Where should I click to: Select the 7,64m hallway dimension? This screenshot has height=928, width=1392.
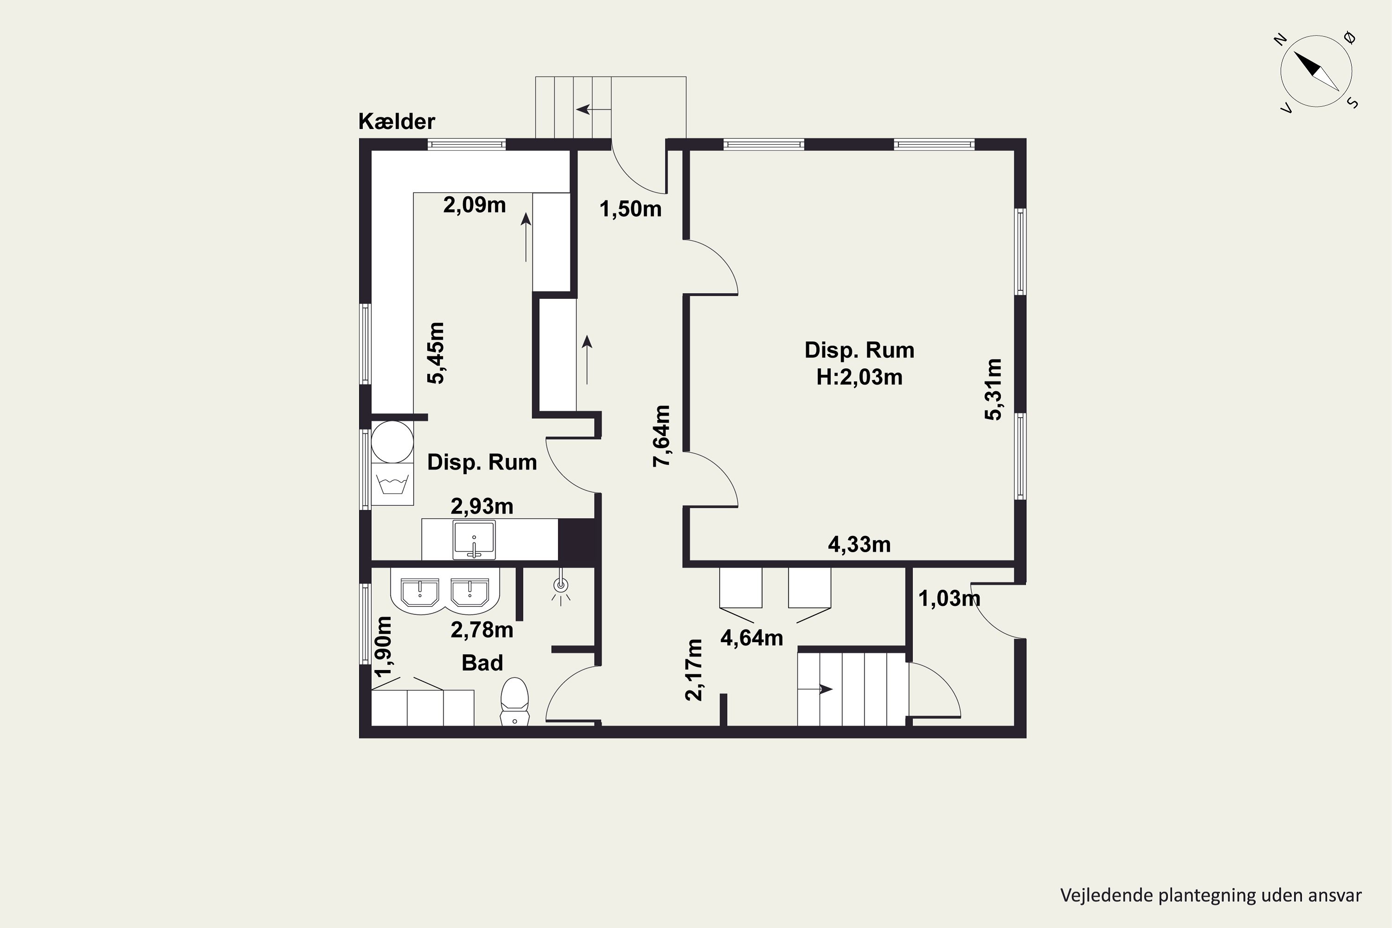tap(662, 436)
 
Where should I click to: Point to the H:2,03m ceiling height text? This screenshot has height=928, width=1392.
tap(859, 377)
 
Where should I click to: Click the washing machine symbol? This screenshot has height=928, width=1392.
tap(392, 484)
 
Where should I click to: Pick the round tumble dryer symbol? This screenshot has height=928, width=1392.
tap(392, 442)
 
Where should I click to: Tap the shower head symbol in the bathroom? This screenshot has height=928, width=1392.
tap(561, 586)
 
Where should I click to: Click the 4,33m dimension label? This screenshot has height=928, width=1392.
tap(859, 544)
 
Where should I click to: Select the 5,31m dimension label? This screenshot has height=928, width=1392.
tap(994, 389)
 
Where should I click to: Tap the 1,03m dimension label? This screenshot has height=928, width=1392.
tap(949, 599)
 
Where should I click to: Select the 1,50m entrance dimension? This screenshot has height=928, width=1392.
tap(630, 209)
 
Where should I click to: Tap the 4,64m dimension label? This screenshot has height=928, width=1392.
tap(752, 638)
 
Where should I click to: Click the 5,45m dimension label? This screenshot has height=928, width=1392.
tap(436, 353)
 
